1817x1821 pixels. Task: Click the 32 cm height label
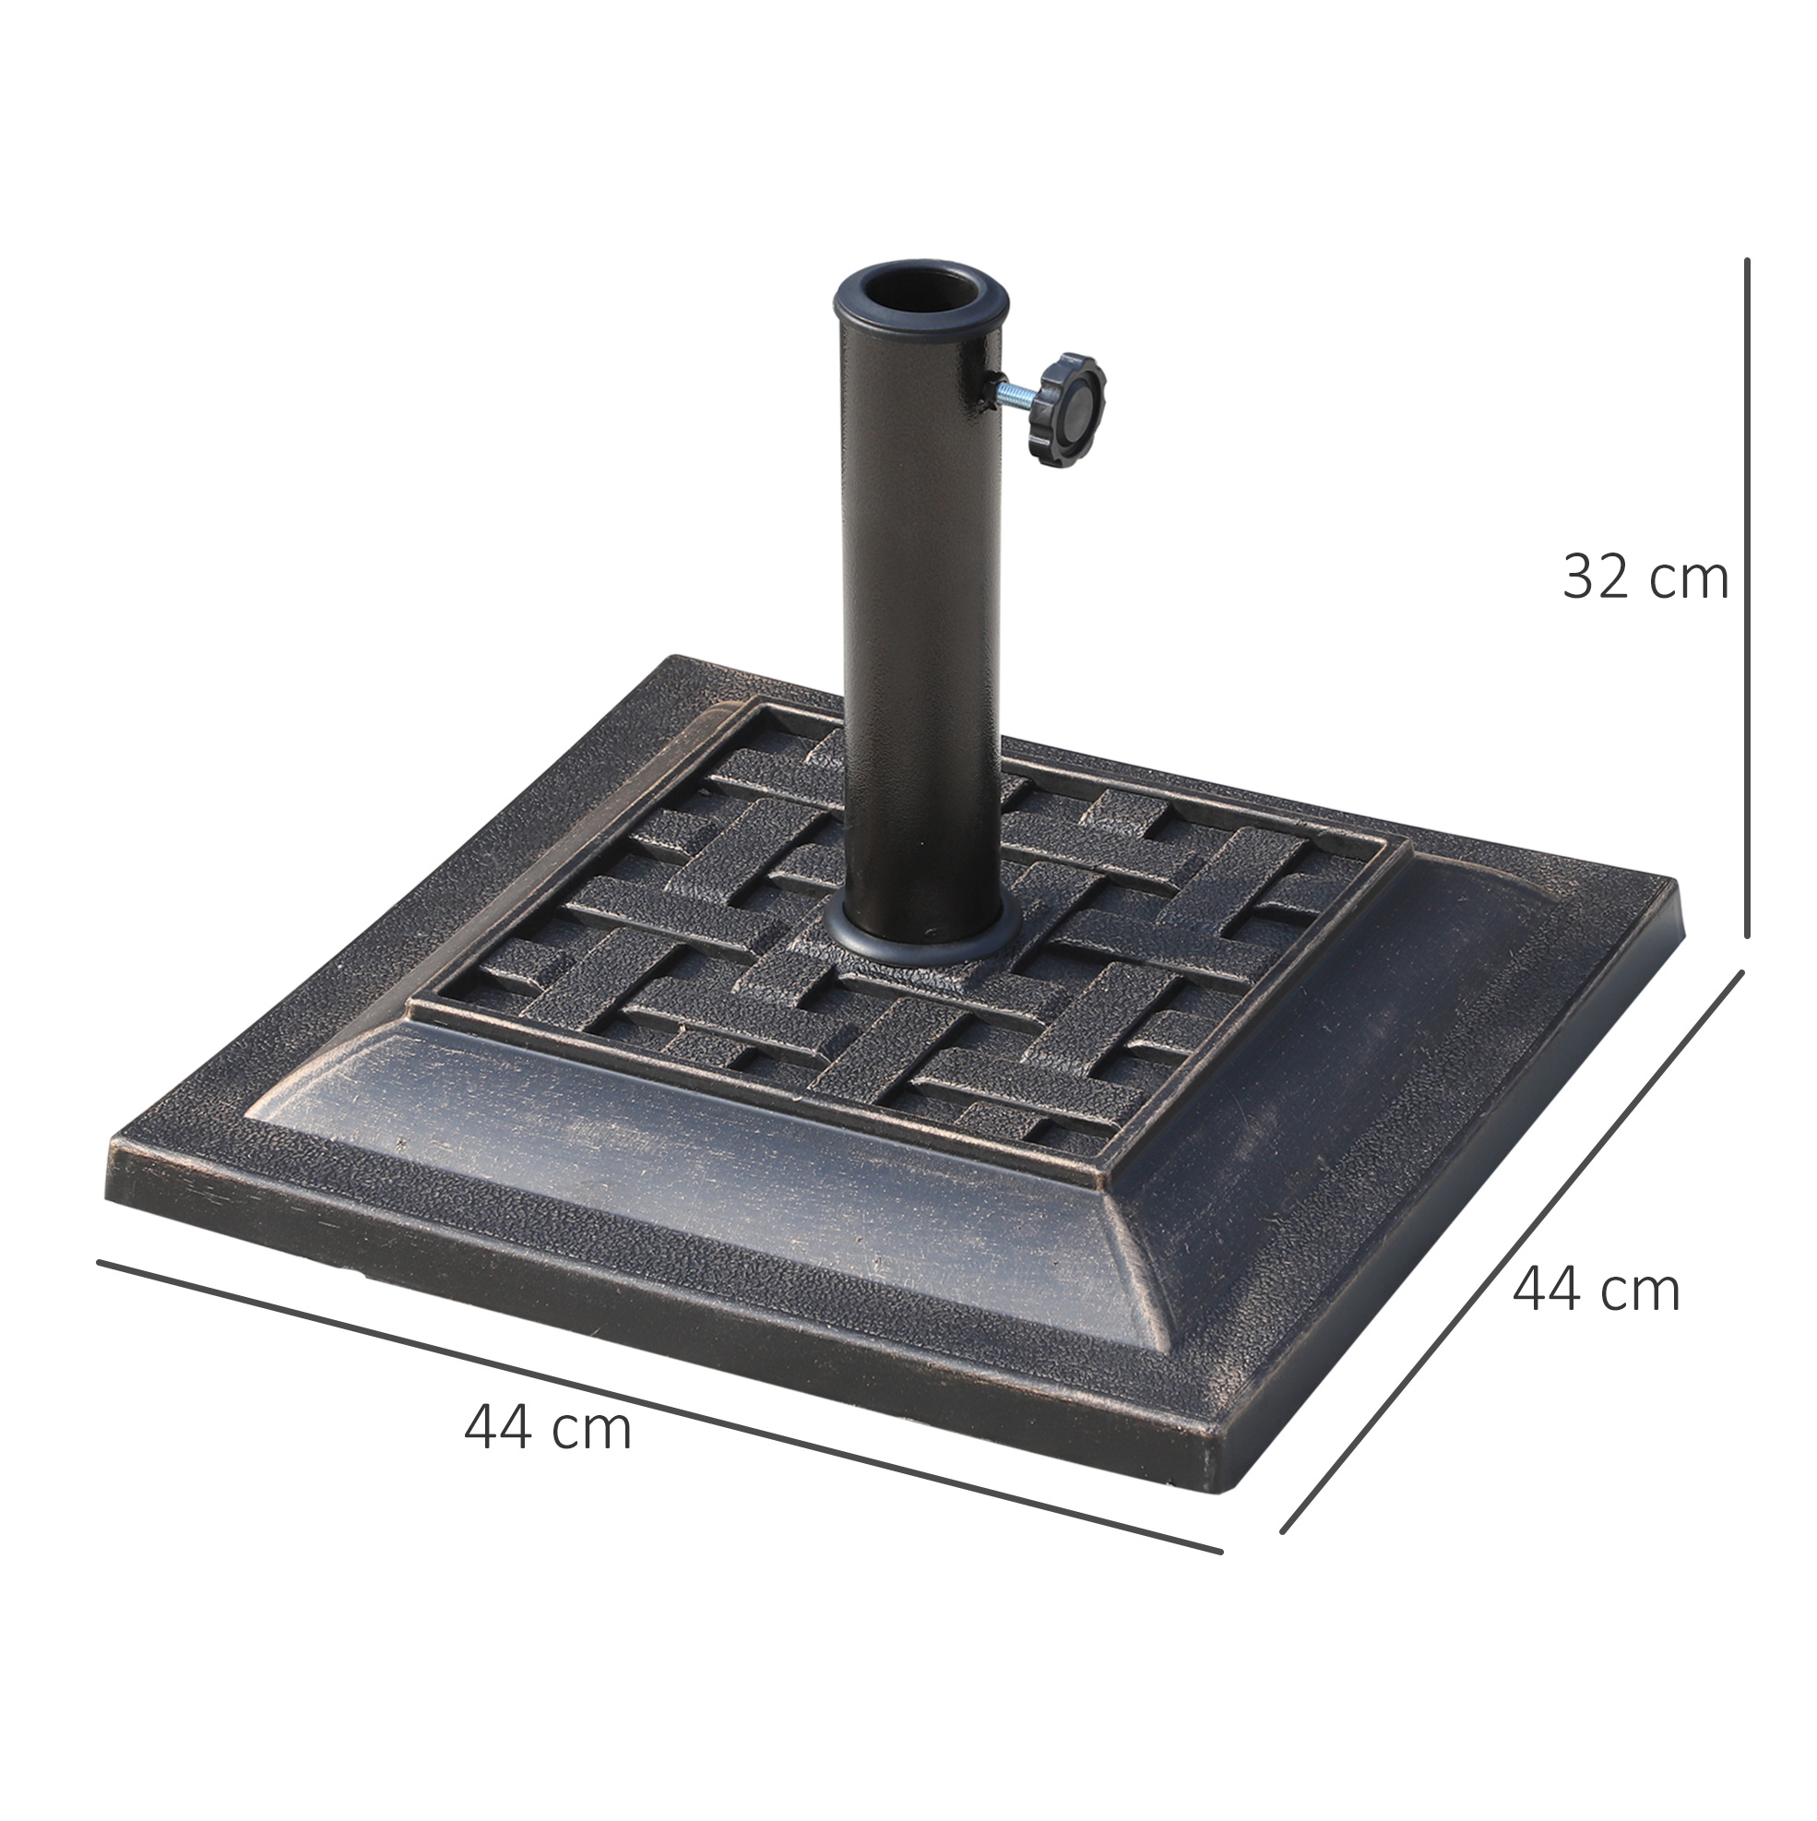pyautogui.click(x=1645, y=577)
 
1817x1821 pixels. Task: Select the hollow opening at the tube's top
pyautogui.click(x=920, y=290)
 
